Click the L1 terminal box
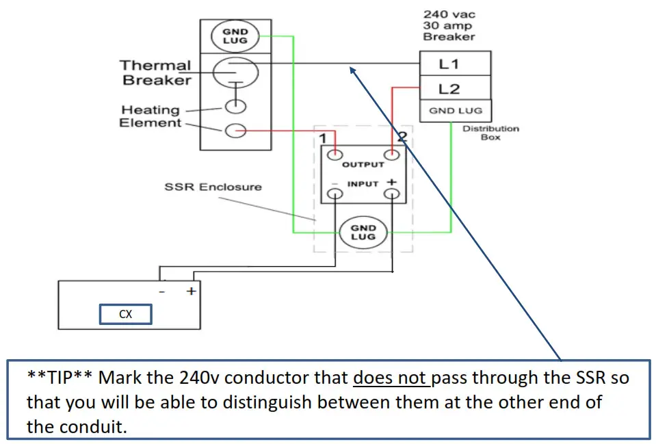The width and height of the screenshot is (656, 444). click(x=455, y=64)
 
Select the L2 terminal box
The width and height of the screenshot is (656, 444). click(x=455, y=88)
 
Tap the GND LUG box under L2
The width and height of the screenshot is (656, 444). click(x=455, y=110)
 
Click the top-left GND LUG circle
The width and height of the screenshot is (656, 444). click(x=235, y=36)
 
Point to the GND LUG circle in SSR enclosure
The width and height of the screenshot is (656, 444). click(x=363, y=232)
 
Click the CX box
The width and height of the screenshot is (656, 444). click(x=126, y=315)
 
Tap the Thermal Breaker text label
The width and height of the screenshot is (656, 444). click(x=155, y=73)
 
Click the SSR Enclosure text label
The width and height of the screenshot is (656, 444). click(x=213, y=186)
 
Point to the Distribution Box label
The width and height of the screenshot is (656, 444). click(x=490, y=133)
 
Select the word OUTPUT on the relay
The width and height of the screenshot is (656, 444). click(x=363, y=165)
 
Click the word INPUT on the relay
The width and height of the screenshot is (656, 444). click(x=363, y=184)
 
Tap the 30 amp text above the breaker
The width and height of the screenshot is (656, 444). click(x=449, y=25)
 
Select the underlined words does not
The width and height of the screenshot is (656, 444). click(x=384, y=378)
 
